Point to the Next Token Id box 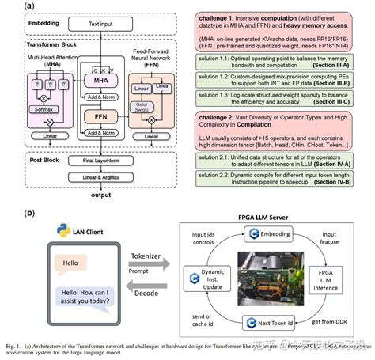271,324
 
